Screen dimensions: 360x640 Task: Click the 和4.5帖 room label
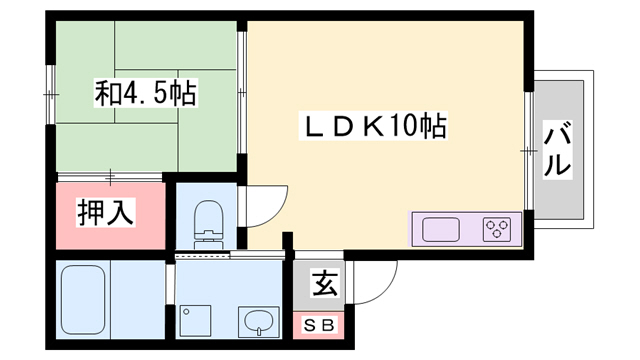(145, 96)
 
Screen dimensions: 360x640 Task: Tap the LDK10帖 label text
(375, 128)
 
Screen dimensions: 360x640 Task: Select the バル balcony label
(557, 149)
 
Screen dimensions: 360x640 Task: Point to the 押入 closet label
(107, 213)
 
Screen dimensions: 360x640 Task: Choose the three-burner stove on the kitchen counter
(497, 230)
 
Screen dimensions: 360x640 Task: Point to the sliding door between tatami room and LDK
(242, 96)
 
